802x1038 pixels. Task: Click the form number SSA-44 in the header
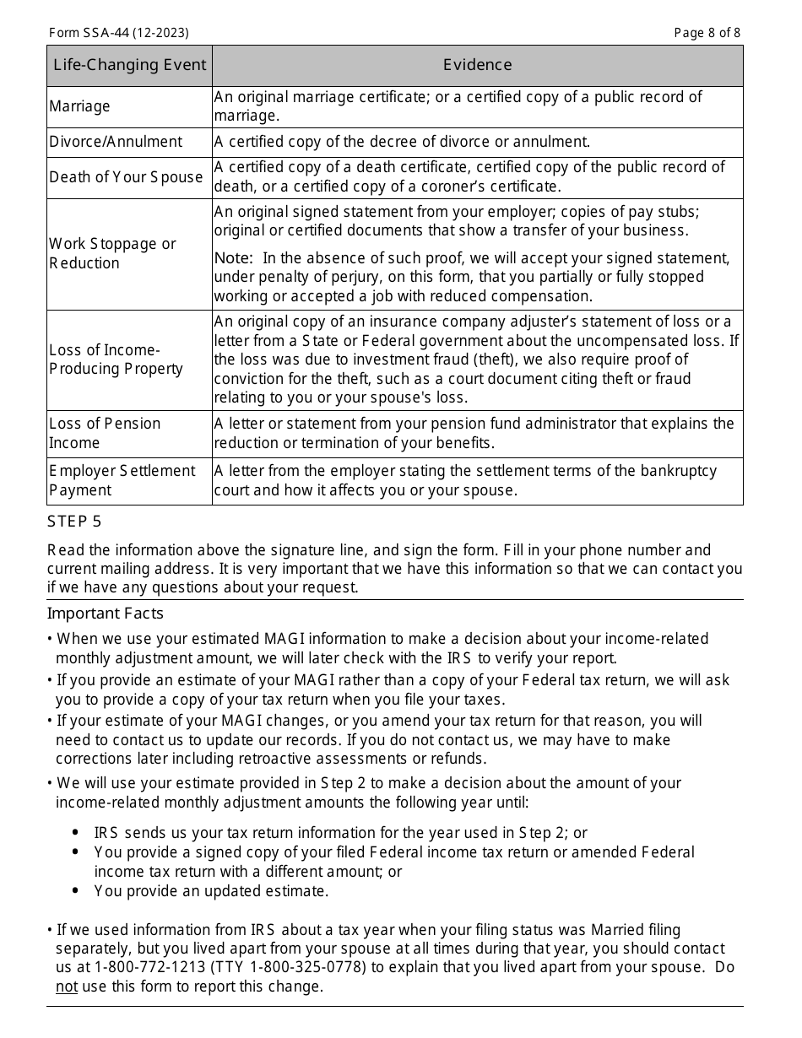(118, 33)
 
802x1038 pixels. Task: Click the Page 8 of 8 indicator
(707, 33)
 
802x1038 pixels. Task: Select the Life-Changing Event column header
(129, 65)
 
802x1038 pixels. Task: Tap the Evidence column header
(477, 65)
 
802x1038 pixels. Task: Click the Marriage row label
(79, 106)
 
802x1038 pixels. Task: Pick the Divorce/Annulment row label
(116, 142)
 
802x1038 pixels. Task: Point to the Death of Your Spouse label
(126, 177)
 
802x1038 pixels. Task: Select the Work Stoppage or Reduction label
(112, 253)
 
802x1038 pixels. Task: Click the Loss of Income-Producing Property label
(116, 360)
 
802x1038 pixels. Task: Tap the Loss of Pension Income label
(105, 433)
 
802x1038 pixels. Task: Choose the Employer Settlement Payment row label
(122, 480)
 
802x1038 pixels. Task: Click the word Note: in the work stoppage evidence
(233, 258)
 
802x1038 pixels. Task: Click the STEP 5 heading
(74, 522)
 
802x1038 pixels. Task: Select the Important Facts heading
(105, 614)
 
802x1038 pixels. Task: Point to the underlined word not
(66, 986)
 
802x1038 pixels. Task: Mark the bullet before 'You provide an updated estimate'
(76, 891)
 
